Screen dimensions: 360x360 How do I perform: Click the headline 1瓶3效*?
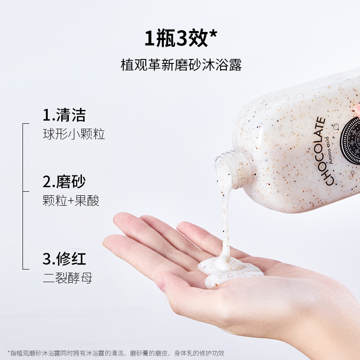(x=181, y=39)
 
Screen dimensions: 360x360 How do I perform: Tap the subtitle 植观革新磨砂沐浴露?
(x=181, y=65)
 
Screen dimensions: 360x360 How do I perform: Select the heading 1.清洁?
(x=64, y=115)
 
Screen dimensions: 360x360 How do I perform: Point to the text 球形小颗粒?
(x=74, y=134)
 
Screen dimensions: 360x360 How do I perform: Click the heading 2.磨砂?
(x=64, y=181)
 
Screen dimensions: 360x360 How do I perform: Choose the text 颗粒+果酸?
(x=71, y=200)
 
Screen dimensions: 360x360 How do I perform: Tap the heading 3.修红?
(x=64, y=258)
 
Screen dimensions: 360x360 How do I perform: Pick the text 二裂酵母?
(x=67, y=278)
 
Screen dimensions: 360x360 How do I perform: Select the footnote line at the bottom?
(x=116, y=353)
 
